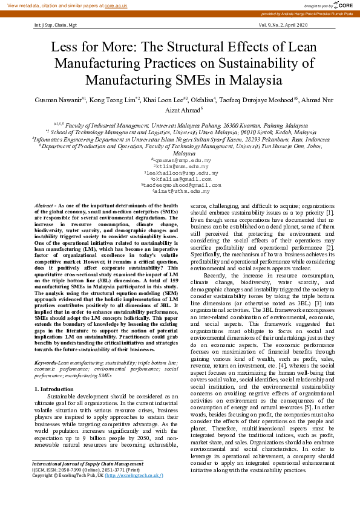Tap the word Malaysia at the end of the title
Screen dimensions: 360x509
[x=252, y=79]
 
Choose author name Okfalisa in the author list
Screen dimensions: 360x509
[x=205, y=99]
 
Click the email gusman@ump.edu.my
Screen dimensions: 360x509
[x=181, y=159]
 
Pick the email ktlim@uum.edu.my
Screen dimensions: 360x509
[x=181, y=166]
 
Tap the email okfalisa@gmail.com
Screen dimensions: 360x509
[x=181, y=179]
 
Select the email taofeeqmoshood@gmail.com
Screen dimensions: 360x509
[x=181, y=185]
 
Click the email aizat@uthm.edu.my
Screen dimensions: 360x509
[x=181, y=191]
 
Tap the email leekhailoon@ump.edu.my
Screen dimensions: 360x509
[x=181, y=172]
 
